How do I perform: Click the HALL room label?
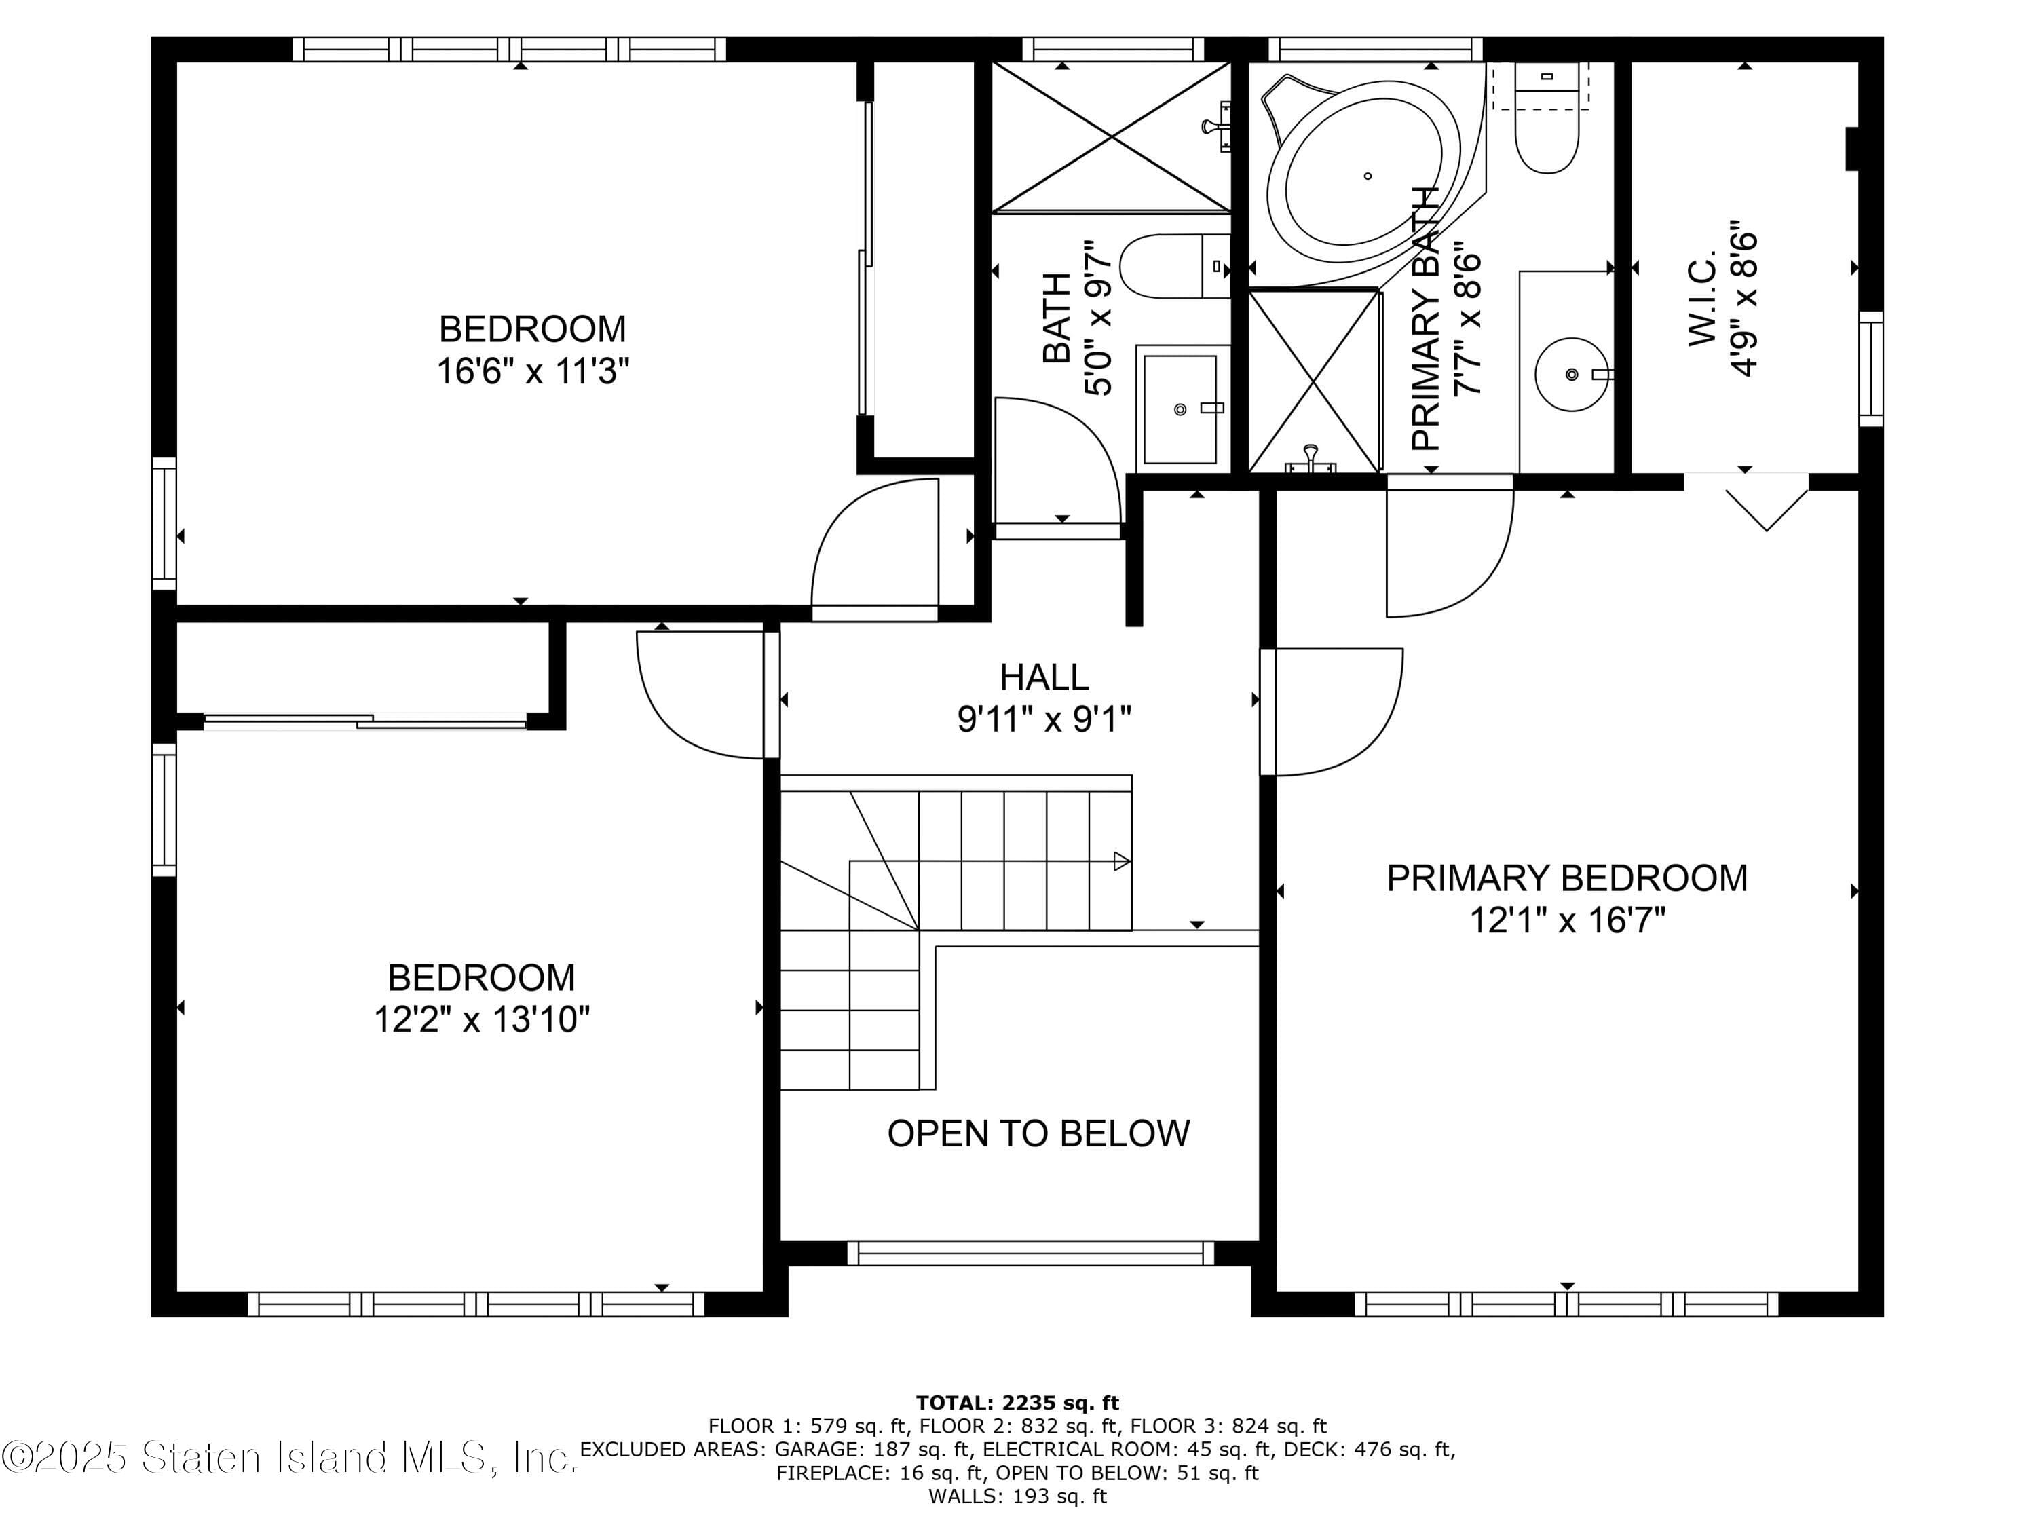(1044, 677)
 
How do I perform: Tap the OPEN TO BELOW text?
(1038, 1134)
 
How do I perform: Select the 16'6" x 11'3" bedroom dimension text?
(532, 372)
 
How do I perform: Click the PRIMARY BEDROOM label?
(1566, 878)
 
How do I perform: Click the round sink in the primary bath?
(1571, 375)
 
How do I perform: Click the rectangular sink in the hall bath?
(1181, 409)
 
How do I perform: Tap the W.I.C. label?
(1703, 299)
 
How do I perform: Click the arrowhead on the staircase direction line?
(1121, 861)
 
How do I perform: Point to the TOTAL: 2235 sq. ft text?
(1017, 1403)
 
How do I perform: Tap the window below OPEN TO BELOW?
(1030, 1253)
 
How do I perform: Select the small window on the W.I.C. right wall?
(1870, 368)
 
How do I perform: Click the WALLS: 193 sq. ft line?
(1017, 1496)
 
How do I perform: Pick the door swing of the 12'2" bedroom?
(700, 695)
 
